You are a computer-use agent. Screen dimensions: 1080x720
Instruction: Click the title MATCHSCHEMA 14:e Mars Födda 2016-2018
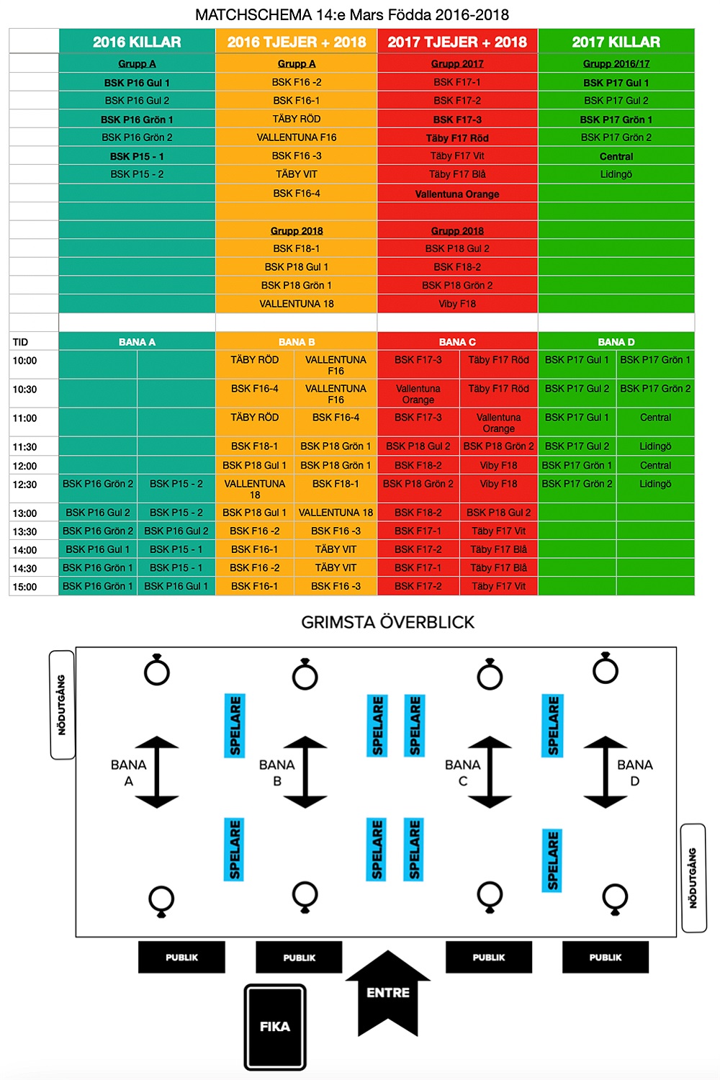pos(352,14)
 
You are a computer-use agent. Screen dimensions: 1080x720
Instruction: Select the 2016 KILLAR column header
pos(137,42)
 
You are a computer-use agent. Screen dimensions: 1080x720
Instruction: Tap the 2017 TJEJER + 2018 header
pos(457,42)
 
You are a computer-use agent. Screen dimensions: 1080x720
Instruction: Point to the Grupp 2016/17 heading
pos(616,63)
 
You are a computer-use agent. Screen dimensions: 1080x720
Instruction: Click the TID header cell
pos(21,342)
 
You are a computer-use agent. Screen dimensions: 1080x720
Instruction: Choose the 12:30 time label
pos(24,485)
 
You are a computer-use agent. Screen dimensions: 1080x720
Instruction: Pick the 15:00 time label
pos(24,587)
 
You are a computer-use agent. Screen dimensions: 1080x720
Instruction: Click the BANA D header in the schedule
pos(616,342)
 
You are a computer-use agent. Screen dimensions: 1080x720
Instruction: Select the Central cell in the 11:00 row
pos(655,418)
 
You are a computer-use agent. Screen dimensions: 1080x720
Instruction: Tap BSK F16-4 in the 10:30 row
pos(255,389)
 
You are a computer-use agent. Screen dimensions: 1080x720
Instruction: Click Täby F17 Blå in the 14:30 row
pos(498,568)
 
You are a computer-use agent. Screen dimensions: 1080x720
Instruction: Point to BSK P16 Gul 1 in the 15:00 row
pos(176,586)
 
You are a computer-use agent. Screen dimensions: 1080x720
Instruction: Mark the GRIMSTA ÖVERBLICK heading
pos(387,622)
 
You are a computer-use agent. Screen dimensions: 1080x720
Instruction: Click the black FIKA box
pos(275,1027)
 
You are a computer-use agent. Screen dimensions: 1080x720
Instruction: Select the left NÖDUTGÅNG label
pos(62,705)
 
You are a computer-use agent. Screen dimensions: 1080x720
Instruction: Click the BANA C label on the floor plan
pos(462,772)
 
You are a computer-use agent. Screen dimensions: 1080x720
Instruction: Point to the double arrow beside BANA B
pos(305,771)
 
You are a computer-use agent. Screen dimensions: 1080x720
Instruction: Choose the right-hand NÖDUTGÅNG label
pos(693,878)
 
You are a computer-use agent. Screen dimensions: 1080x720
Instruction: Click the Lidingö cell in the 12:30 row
pos(655,484)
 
